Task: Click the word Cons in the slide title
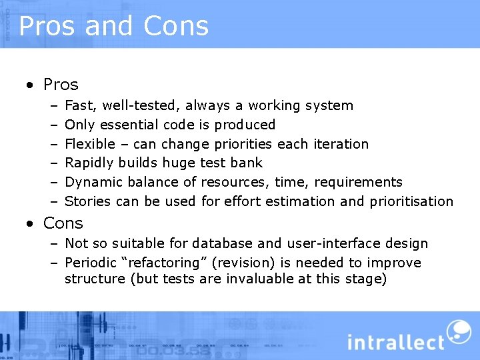[174, 26]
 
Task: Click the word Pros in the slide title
[49, 26]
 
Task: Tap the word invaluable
[260, 279]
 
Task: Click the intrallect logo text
[395, 343]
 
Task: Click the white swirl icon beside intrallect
[458, 331]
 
